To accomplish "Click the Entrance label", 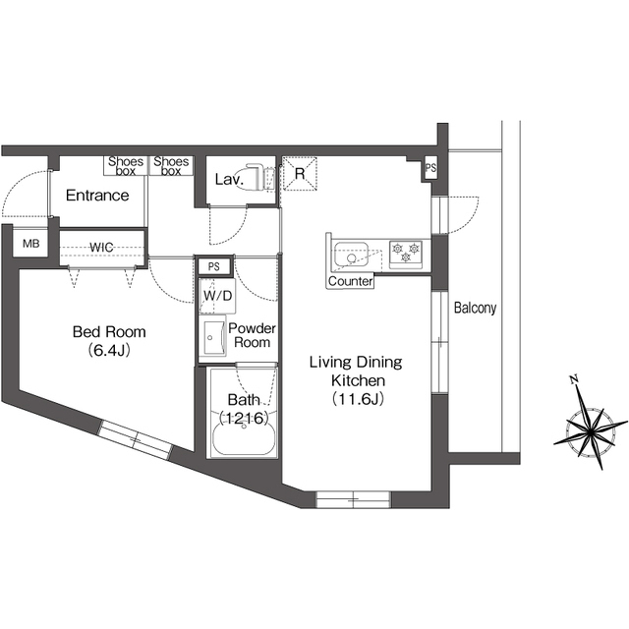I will point(97,196).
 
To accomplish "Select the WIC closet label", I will point(103,246).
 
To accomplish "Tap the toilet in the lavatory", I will point(257,177).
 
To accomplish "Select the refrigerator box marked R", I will point(300,173).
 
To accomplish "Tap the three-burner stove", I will point(405,254).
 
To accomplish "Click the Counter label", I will point(351,282).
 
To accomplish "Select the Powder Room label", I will point(252,335).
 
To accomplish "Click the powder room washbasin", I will point(213,340).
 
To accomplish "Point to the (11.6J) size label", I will point(356,398).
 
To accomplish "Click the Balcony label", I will point(475,308).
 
